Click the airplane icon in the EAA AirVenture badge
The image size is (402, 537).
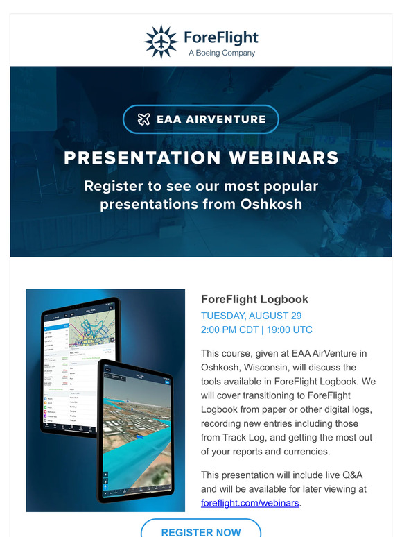click(144, 119)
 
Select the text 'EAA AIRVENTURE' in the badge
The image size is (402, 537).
click(211, 119)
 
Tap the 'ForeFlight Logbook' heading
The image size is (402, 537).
click(254, 300)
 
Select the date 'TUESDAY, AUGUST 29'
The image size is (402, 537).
click(251, 316)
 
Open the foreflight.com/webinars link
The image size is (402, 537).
click(250, 503)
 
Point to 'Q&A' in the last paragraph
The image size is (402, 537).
click(349, 475)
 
